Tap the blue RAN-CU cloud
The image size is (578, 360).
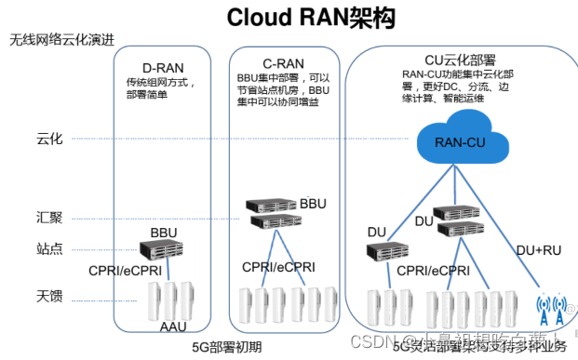point(459,140)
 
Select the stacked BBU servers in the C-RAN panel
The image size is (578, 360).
point(269,213)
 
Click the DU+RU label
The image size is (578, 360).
point(537,248)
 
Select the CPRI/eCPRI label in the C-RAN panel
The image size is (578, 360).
point(277,268)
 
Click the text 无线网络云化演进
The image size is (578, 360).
point(62,41)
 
